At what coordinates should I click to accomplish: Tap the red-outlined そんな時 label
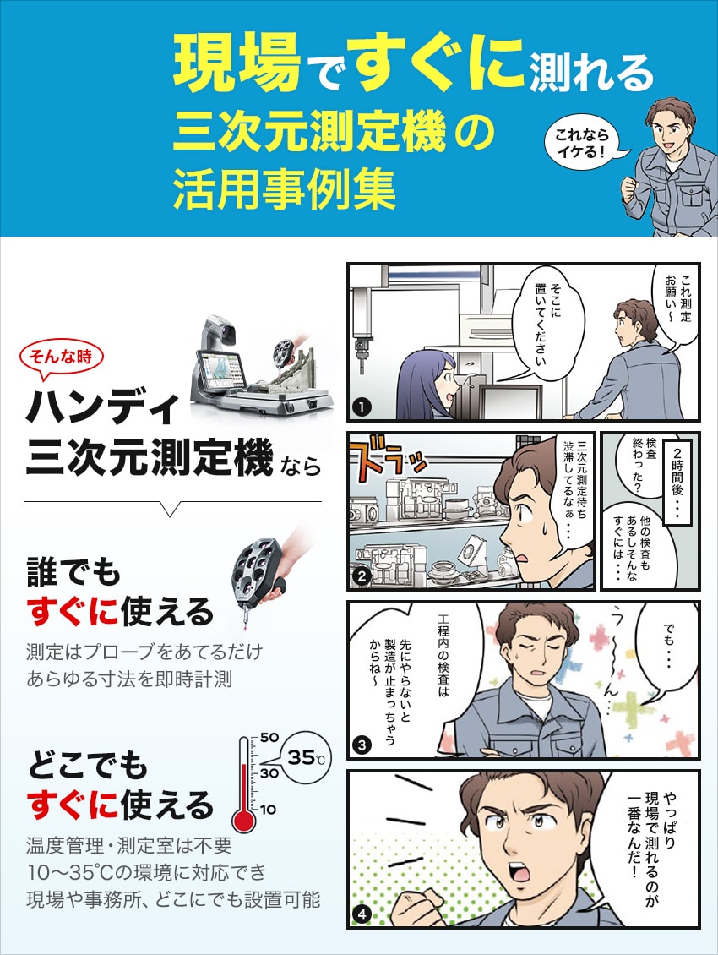(x=61, y=357)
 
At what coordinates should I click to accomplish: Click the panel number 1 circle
(x=362, y=407)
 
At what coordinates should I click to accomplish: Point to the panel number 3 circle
(x=362, y=745)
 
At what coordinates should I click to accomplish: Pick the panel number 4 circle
(x=362, y=914)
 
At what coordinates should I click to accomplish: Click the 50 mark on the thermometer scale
(x=269, y=737)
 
